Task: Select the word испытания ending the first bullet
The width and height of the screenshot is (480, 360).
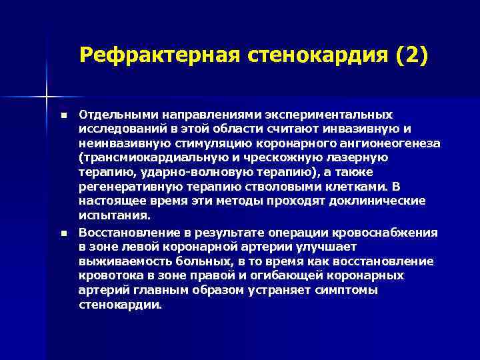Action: (115, 216)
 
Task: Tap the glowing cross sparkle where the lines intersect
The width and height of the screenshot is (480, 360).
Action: (47, 97)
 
